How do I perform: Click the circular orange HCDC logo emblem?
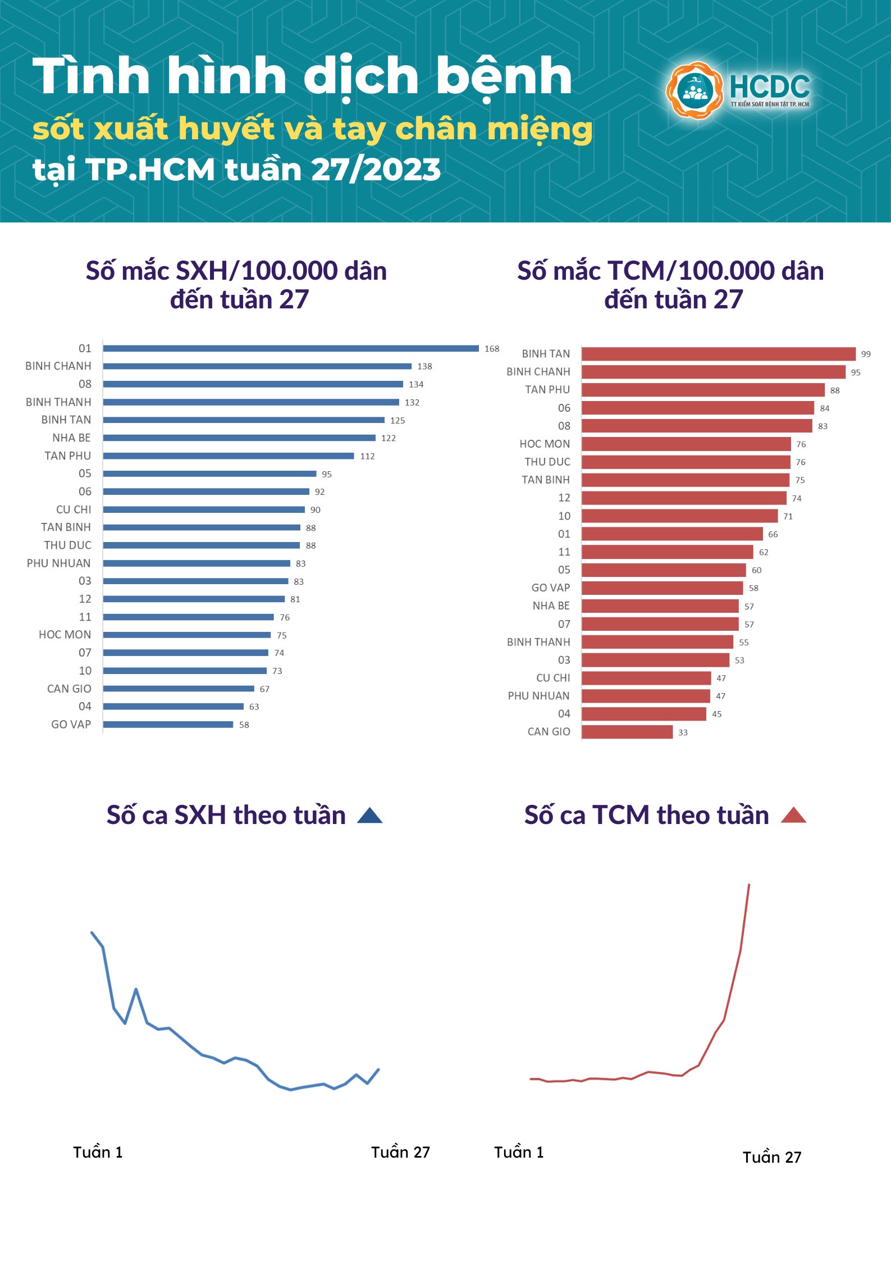pyautogui.click(x=695, y=90)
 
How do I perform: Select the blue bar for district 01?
pyautogui.click(x=291, y=348)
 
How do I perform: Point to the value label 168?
pyautogui.click(x=492, y=349)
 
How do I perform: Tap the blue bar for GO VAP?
pyautogui.click(x=168, y=725)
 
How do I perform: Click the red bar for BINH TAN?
pyautogui.click(x=718, y=354)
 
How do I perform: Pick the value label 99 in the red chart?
pyautogui.click(x=866, y=354)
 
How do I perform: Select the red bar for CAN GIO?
pyautogui.click(x=627, y=732)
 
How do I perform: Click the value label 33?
pyautogui.click(x=683, y=732)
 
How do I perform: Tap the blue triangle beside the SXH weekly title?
pyautogui.click(x=369, y=816)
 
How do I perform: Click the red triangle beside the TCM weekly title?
pyautogui.click(x=793, y=816)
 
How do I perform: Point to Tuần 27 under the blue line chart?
pyautogui.click(x=400, y=1153)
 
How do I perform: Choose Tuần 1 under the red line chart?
pyautogui.click(x=519, y=1153)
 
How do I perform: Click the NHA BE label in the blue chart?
pyautogui.click(x=71, y=438)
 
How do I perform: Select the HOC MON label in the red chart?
pyautogui.click(x=545, y=444)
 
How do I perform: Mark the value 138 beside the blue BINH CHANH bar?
pyautogui.click(x=424, y=366)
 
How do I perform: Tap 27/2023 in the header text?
pyautogui.click(x=376, y=170)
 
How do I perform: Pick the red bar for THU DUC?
pyautogui.click(x=686, y=462)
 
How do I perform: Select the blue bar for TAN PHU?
pyautogui.click(x=229, y=456)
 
